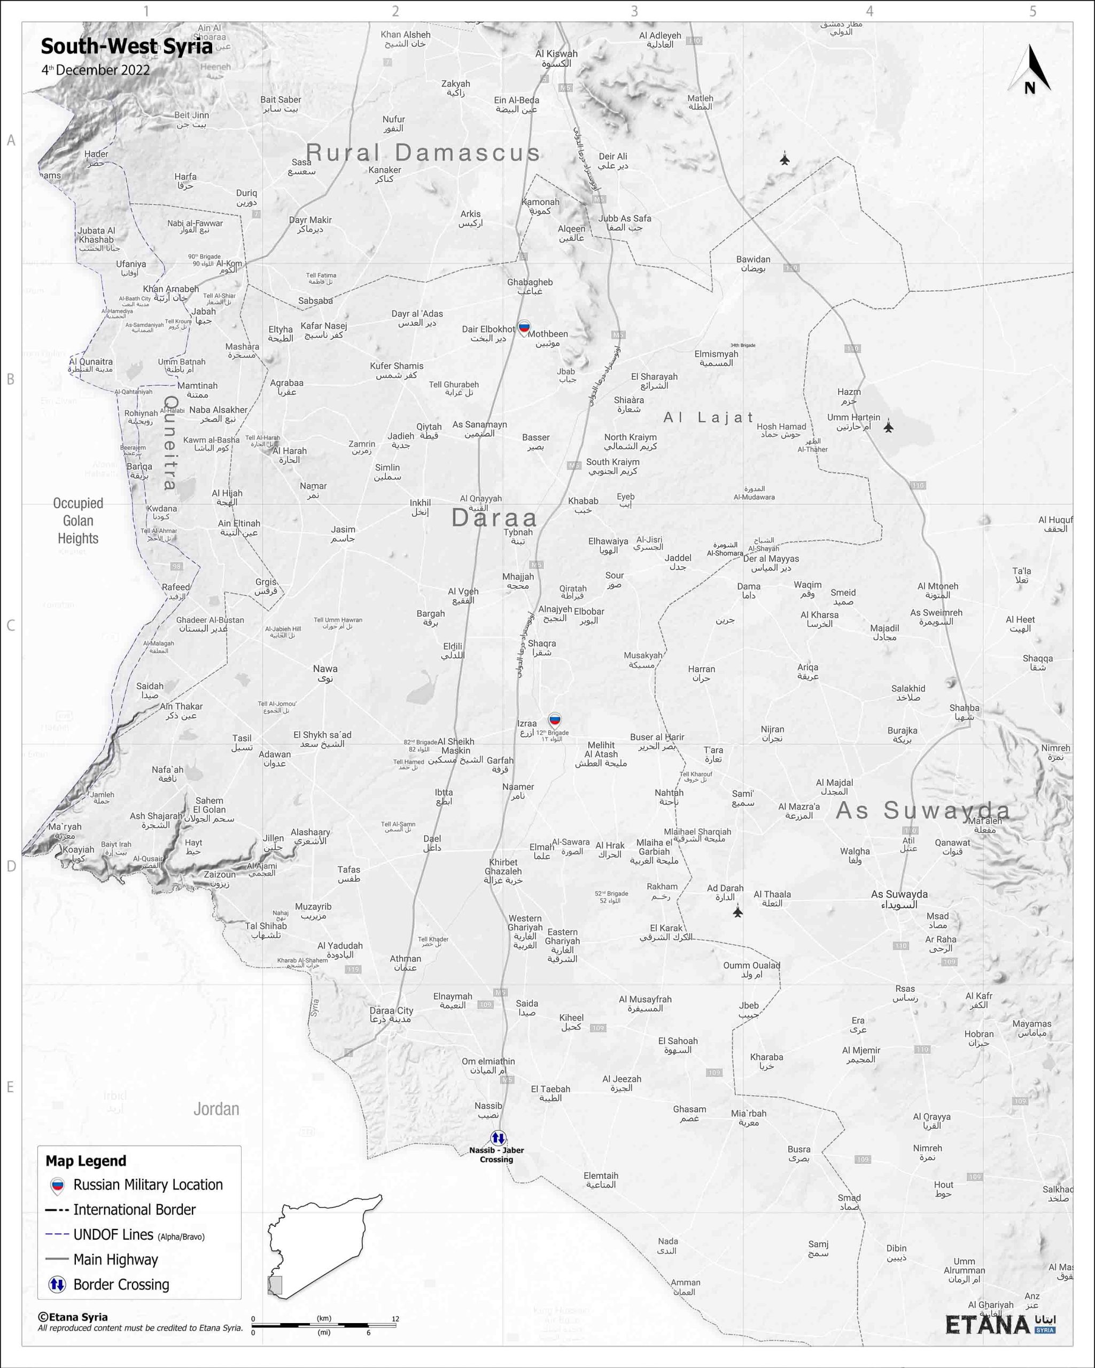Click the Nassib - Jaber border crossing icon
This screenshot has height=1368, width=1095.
pyautogui.click(x=498, y=1138)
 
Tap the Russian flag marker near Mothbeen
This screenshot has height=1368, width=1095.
pyautogui.click(x=524, y=328)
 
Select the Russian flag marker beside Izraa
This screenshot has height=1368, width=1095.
pyautogui.click(x=555, y=719)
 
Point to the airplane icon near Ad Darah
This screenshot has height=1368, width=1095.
pyautogui.click(x=737, y=912)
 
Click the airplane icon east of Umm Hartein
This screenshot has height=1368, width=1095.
pyautogui.click(x=888, y=426)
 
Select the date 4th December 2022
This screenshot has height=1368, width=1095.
pyautogui.click(x=96, y=70)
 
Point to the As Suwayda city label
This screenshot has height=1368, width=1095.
pyautogui.click(x=899, y=898)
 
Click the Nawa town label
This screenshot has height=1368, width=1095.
pyautogui.click(x=325, y=673)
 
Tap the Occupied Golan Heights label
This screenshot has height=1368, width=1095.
pyautogui.click(x=78, y=520)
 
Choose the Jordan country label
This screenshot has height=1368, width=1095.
pyautogui.click(x=216, y=1108)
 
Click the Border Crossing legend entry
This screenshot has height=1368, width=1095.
pyautogui.click(x=121, y=1284)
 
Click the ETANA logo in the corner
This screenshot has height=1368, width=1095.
pyautogui.click(x=1000, y=1324)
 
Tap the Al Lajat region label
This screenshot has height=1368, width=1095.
pyautogui.click(x=708, y=417)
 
